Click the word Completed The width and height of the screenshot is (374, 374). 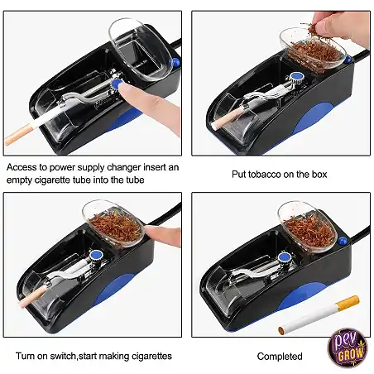280,357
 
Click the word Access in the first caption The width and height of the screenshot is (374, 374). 22,167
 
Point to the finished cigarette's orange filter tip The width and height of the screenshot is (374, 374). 348,304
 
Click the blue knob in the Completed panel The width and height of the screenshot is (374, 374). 284,257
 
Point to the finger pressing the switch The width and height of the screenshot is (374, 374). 163,235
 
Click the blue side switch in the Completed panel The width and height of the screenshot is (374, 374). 343,241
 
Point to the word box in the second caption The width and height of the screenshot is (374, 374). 319,175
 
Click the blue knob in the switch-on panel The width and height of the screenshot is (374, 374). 97,254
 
